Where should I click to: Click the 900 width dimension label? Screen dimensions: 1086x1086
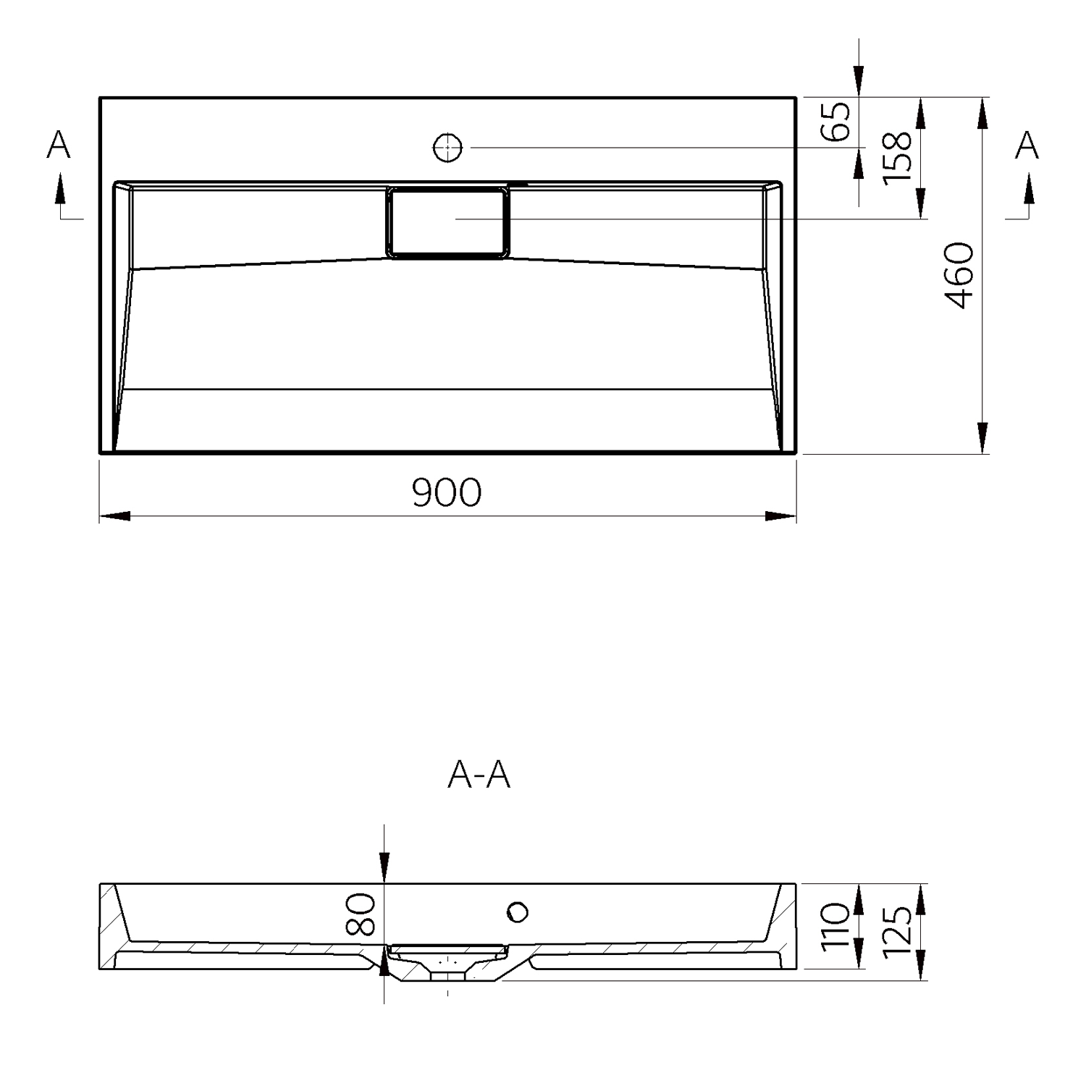coord(447,492)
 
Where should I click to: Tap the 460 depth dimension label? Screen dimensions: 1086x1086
coord(961,275)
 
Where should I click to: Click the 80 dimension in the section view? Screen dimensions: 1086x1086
coord(360,914)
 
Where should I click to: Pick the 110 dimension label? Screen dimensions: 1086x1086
coord(836,926)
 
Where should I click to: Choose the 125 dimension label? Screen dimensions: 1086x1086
coord(898,930)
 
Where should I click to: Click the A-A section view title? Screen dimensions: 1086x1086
coord(479,775)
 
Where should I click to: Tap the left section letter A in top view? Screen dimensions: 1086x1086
coord(59,145)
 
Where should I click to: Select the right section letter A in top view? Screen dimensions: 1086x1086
coord(1027,145)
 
